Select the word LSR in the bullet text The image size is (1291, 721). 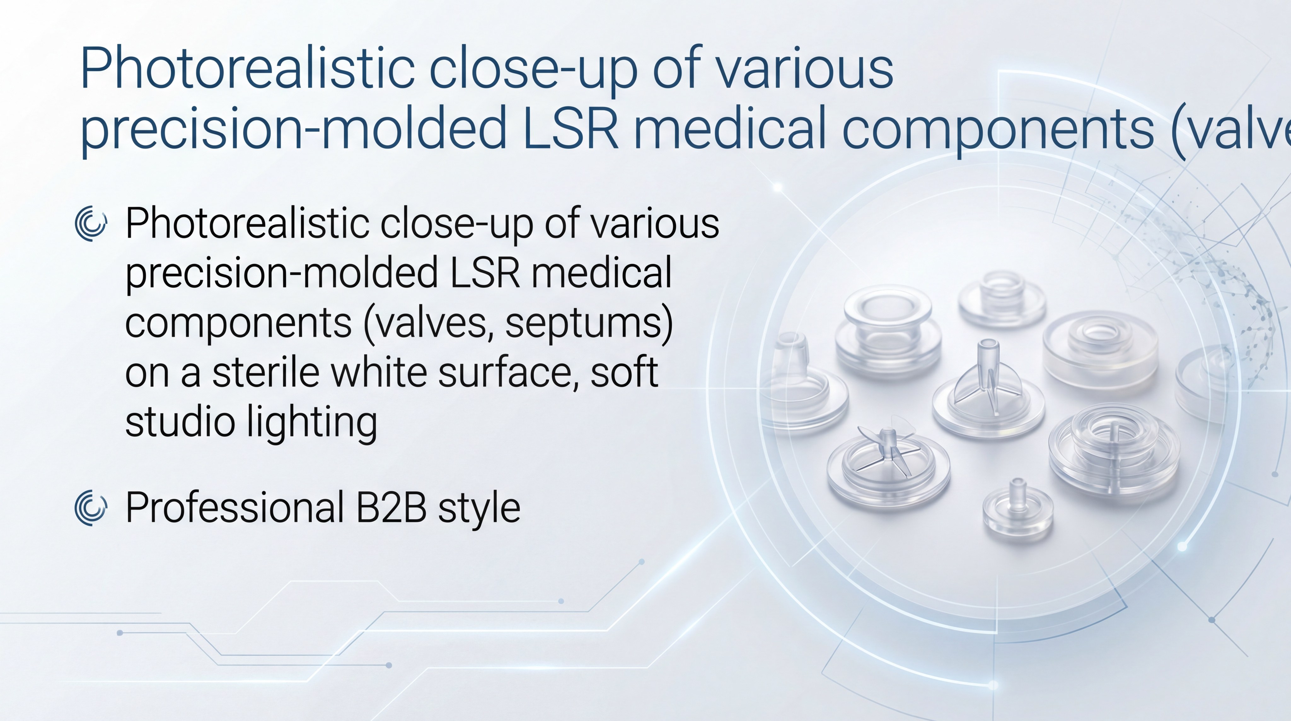click(485, 273)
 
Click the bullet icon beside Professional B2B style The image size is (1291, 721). click(91, 508)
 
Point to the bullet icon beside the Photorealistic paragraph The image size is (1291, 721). click(91, 223)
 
